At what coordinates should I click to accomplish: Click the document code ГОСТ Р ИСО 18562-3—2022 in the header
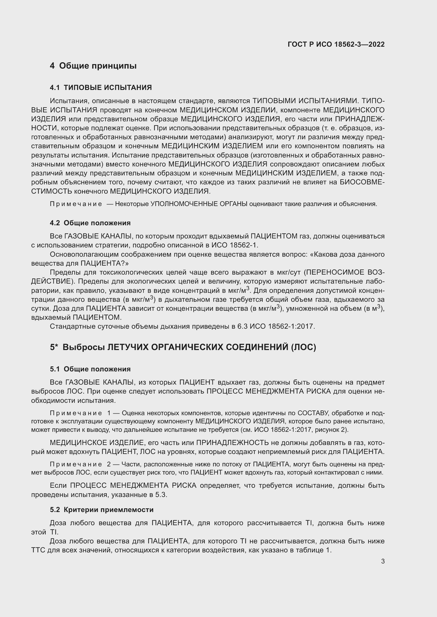pyautogui.click(x=336, y=44)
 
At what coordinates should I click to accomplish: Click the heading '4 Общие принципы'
pyautogui.click(x=93, y=66)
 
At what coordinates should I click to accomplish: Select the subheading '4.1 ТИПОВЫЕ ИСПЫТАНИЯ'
pyautogui.click(x=101, y=88)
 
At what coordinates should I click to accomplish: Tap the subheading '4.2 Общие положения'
pyautogui.click(x=90, y=223)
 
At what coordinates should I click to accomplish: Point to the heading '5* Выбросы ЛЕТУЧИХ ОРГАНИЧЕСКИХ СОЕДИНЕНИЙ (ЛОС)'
pyautogui.click(x=183, y=347)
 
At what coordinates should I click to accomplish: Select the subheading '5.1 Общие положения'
pyautogui.click(x=90, y=369)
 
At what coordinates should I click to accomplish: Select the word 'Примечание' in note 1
pyautogui.click(x=76, y=413)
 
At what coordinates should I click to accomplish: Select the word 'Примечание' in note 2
pyautogui.click(x=76, y=464)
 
